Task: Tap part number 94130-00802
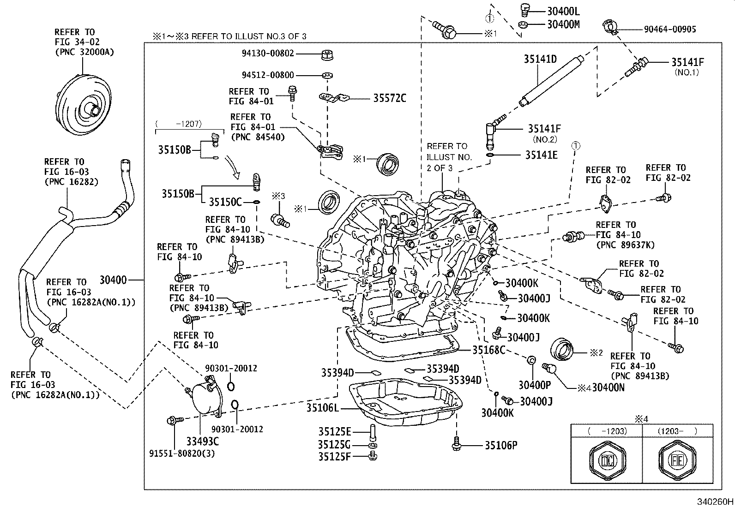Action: coord(268,54)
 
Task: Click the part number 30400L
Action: coord(563,11)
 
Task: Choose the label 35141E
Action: coord(541,155)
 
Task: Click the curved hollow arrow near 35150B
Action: coord(233,167)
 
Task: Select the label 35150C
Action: coord(225,202)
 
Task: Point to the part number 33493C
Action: coord(202,441)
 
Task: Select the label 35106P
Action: coord(500,445)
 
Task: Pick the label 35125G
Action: coord(334,445)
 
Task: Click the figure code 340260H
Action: coord(715,501)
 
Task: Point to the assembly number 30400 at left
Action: coord(113,280)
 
